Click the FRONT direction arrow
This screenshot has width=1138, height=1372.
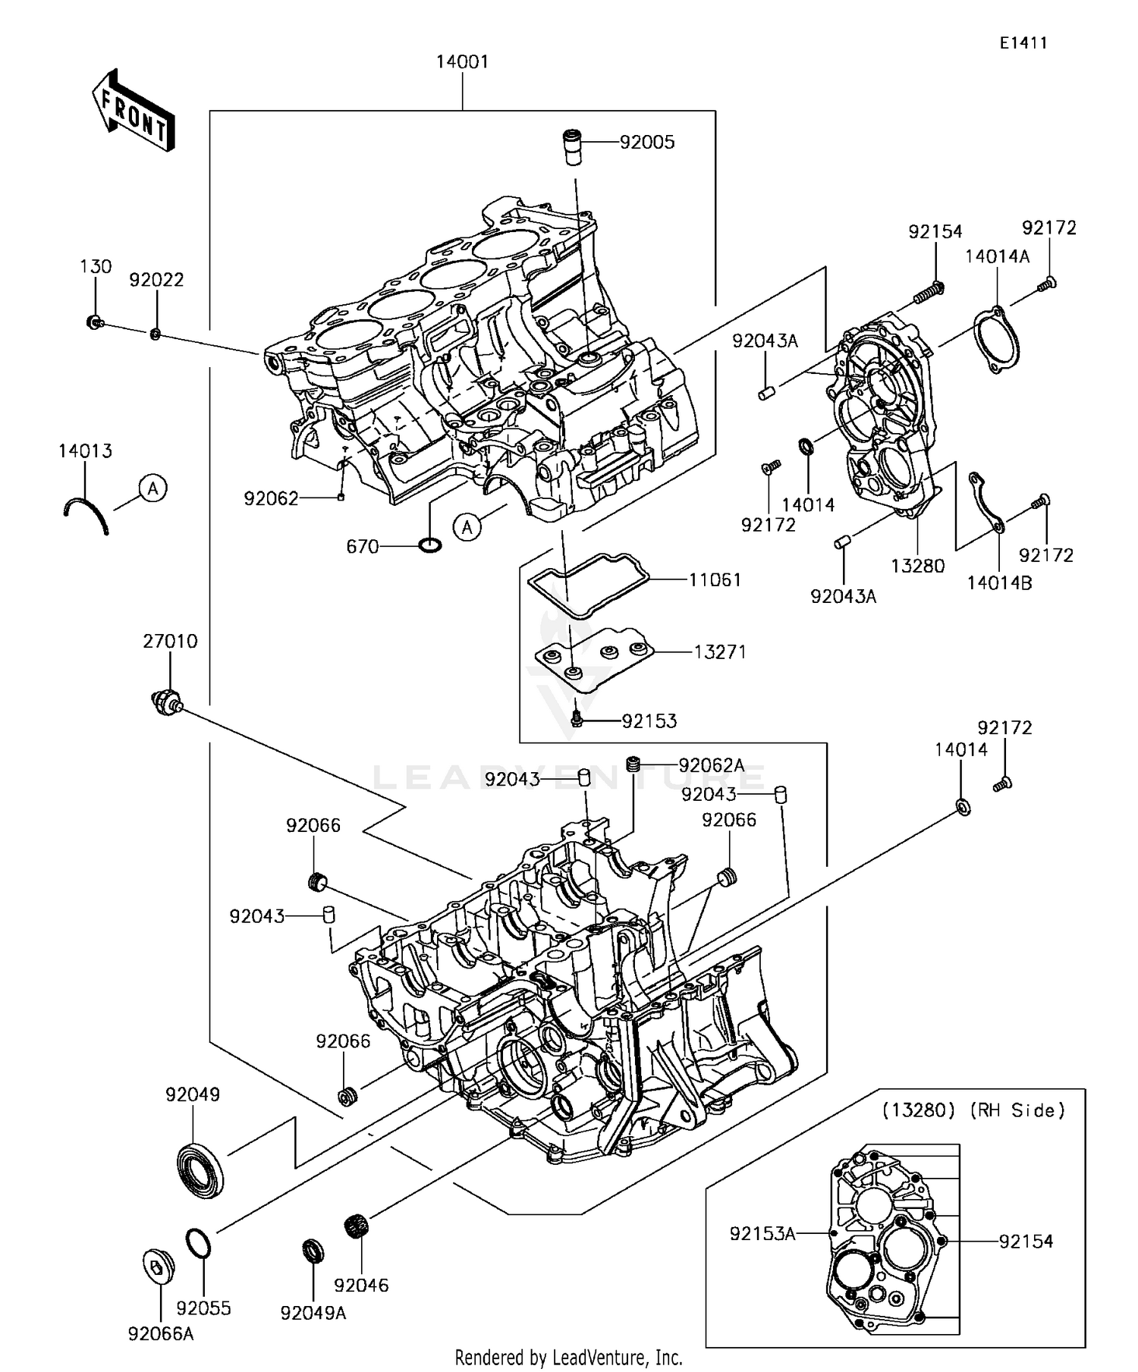[x=134, y=111]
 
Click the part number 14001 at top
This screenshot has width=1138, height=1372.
[x=462, y=61]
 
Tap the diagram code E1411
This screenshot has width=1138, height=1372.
[x=1023, y=43]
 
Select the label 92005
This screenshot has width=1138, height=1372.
[x=646, y=143]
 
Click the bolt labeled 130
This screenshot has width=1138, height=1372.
[x=94, y=322]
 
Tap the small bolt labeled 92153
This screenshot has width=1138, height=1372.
[x=577, y=717]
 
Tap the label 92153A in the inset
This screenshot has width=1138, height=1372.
[x=762, y=1234]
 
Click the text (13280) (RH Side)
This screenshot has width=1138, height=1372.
[x=973, y=1110]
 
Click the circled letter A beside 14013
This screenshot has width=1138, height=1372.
[x=153, y=488]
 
